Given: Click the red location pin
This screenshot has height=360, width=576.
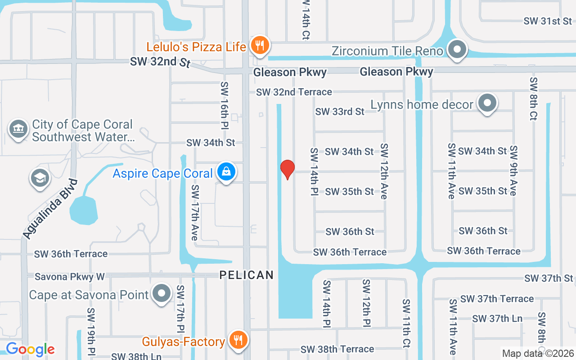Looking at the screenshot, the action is click(x=288, y=169).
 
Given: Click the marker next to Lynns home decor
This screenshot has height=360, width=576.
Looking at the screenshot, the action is click(x=487, y=103).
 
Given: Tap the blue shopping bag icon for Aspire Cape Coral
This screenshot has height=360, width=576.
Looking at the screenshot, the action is click(x=226, y=172).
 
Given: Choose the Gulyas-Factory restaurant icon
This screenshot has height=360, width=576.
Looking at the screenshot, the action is click(x=238, y=340).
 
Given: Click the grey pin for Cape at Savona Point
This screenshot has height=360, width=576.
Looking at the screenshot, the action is click(x=162, y=294).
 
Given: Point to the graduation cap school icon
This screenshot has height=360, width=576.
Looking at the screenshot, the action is click(x=40, y=178).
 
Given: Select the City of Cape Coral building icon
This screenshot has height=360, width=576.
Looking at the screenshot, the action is click(x=18, y=130).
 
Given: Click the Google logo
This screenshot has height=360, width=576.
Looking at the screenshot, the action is click(x=30, y=349).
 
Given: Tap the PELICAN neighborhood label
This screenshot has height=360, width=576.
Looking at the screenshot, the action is click(x=247, y=275).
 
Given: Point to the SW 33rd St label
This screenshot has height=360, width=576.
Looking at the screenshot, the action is click(x=339, y=112).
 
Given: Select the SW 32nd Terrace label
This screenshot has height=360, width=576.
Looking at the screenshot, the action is click(x=294, y=92).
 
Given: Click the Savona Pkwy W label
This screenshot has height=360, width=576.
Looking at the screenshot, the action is click(x=70, y=277).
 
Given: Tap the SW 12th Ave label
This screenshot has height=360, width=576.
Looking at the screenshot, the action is click(x=384, y=171).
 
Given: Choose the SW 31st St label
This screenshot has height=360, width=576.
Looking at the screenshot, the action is click(x=548, y=21).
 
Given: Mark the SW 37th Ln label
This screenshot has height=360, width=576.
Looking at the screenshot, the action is click(x=497, y=319).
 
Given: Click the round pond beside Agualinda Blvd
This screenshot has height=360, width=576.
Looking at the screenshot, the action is click(x=84, y=210).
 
